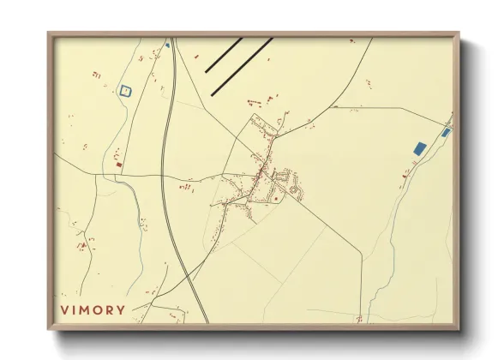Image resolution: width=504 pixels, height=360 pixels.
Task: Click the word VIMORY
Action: pos(93,309)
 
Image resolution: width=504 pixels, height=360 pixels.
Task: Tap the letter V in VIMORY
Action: pos(63,309)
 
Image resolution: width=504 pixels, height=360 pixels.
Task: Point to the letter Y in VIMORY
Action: pos(121,309)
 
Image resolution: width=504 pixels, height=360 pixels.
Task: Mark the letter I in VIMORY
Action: pos(74,309)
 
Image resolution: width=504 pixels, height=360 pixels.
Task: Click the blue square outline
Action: pos(127,89)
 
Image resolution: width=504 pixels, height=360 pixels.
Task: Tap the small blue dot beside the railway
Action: pos(167,45)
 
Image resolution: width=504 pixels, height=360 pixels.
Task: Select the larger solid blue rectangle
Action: pos(419,148)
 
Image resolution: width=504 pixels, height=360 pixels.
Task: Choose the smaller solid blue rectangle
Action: pos(445,133)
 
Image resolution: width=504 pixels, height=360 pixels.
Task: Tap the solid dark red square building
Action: pos(120,165)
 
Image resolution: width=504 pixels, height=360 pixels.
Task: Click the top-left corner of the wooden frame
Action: pos(49,34)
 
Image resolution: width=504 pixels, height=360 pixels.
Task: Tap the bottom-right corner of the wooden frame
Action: pos(459,329)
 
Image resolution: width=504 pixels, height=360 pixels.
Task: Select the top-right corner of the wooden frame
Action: pos(459,34)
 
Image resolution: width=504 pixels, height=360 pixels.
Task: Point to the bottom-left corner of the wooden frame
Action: pos(49,329)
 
